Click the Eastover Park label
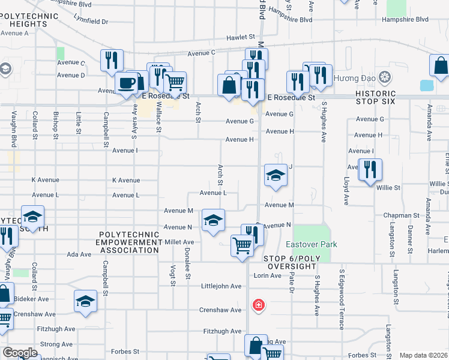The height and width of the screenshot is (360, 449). [x=311, y=244]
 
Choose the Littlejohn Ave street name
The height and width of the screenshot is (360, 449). [x=221, y=286]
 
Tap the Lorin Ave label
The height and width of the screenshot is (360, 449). [x=267, y=275]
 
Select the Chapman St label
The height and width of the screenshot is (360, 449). [x=402, y=215]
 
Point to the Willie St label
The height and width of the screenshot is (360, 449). [x=388, y=188]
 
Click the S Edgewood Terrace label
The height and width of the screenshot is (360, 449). [x=341, y=298]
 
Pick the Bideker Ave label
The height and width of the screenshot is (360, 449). [x=31, y=298]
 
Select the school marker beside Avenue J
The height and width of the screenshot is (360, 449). [x=275, y=175]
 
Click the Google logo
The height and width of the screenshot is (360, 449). [x=20, y=353]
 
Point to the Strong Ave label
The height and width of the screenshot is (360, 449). [x=56, y=344]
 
